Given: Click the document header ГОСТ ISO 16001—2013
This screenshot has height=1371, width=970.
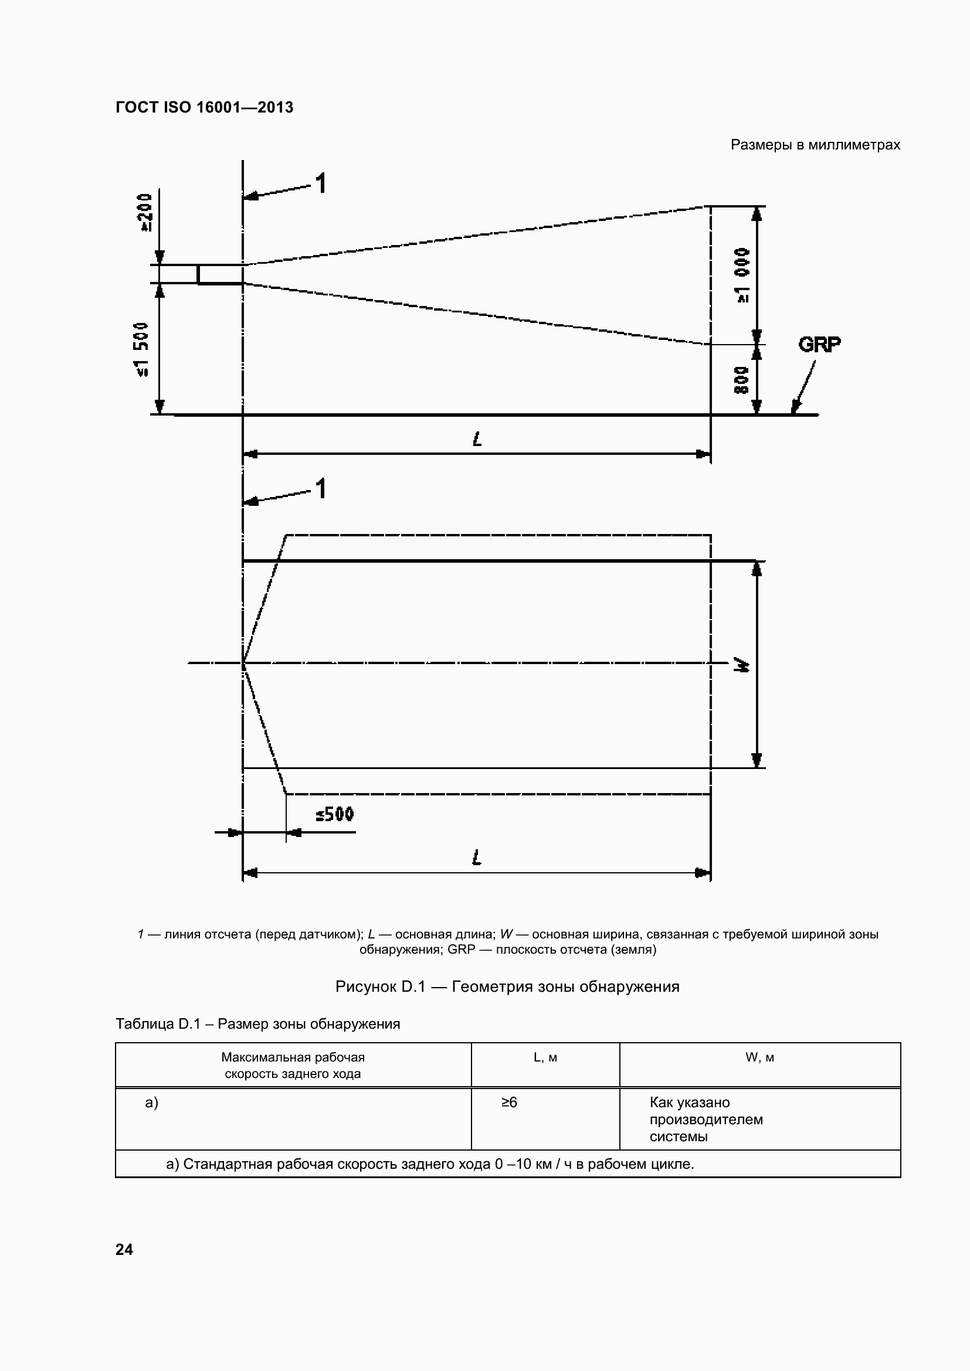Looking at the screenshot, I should (x=204, y=107).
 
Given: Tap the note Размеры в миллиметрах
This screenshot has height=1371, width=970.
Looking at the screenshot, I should (x=815, y=145).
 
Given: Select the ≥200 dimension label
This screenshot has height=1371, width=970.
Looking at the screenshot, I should (x=145, y=213).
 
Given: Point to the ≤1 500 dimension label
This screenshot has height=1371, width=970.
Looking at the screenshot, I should (x=141, y=349).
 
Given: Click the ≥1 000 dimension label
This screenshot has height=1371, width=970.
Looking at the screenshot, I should (x=742, y=275).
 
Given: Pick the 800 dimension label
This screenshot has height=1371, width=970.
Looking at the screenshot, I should (x=741, y=380).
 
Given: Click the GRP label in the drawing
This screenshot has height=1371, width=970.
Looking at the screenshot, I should (x=819, y=345).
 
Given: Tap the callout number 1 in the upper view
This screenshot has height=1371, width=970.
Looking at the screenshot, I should (x=321, y=183).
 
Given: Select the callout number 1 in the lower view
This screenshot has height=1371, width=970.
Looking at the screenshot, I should (x=321, y=488).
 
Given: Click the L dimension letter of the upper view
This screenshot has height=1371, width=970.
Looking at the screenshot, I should (x=477, y=440).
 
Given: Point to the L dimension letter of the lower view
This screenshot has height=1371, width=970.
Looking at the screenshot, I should (x=477, y=858).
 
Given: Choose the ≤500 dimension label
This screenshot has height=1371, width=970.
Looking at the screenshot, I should (x=335, y=815).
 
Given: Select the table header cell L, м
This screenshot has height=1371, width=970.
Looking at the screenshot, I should (x=545, y=1057).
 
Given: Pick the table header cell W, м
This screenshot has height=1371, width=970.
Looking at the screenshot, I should (x=759, y=1057).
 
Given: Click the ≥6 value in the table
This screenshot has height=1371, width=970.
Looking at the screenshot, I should (x=510, y=1103).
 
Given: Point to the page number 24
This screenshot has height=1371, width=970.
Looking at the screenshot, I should (x=124, y=1249).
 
